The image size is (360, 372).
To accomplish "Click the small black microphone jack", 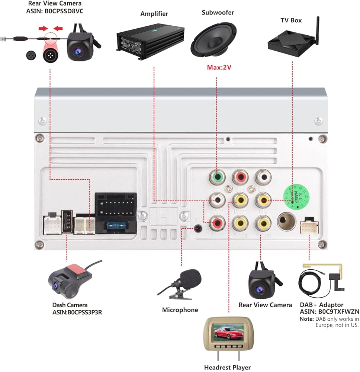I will click(198, 228).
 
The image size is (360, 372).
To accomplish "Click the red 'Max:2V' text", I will click(216, 68).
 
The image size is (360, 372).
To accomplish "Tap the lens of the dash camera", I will click(55, 286).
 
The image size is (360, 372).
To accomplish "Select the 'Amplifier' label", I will click(154, 14).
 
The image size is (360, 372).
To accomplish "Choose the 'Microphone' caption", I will click(180, 310).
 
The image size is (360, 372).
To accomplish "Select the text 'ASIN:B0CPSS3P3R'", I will click(77, 312).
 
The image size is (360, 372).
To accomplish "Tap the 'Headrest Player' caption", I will click(227, 368).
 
